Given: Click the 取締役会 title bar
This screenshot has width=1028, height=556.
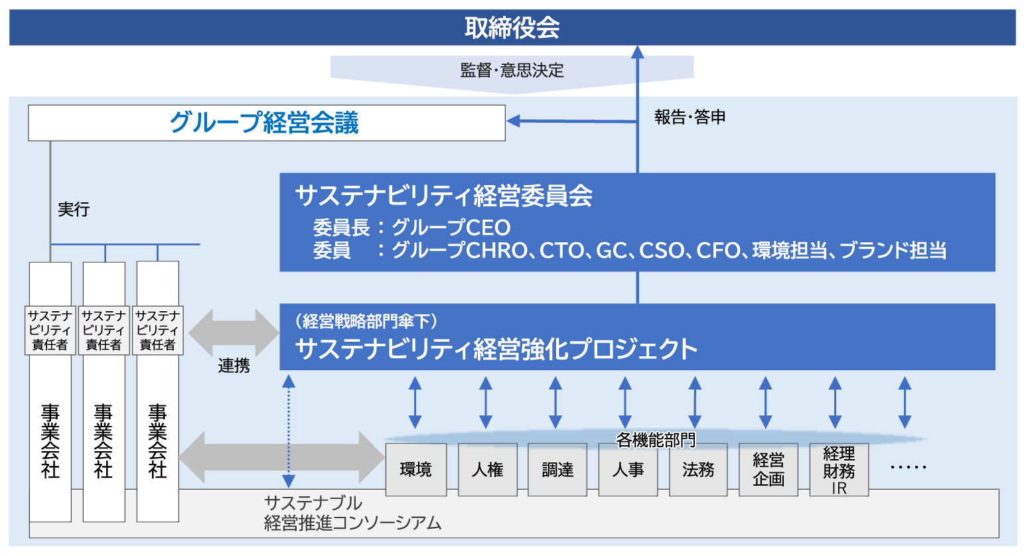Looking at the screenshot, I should (x=512, y=28).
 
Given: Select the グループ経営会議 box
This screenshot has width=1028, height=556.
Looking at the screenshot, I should (x=266, y=123).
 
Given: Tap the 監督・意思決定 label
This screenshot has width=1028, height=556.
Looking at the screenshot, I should (x=512, y=70).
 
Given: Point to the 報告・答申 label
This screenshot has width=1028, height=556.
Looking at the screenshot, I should (x=690, y=117).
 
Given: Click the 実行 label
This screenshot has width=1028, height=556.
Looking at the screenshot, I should (x=74, y=210).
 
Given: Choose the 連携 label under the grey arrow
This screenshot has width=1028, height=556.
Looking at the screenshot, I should (x=234, y=366).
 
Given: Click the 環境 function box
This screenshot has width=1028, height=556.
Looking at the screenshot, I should (x=416, y=470).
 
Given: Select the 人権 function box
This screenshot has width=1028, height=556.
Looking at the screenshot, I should (x=488, y=470).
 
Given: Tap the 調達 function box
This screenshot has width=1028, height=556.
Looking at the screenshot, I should (x=557, y=470).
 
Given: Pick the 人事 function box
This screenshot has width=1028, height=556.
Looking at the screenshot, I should (x=628, y=470).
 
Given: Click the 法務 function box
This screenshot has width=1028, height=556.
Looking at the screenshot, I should (x=698, y=470).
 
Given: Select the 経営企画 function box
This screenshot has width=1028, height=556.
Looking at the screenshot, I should (x=769, y=470).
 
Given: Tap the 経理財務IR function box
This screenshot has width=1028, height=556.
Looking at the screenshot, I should (x=839, y=470).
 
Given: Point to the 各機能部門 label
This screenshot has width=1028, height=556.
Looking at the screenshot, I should (x=655, y=440).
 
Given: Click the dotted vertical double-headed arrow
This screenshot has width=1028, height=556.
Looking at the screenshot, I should (x=289, y=431).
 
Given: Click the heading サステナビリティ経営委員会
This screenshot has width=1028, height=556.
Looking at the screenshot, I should (x=443, y=196).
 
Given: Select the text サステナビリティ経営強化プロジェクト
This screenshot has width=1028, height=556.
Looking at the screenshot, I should (x=496, y=349).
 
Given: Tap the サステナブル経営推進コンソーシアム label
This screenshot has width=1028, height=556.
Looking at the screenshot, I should (x=352, y=513).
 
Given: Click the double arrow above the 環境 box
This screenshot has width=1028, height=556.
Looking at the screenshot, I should (x=415, y=403).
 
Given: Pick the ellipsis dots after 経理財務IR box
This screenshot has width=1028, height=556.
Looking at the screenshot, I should (x=908, y=467).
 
